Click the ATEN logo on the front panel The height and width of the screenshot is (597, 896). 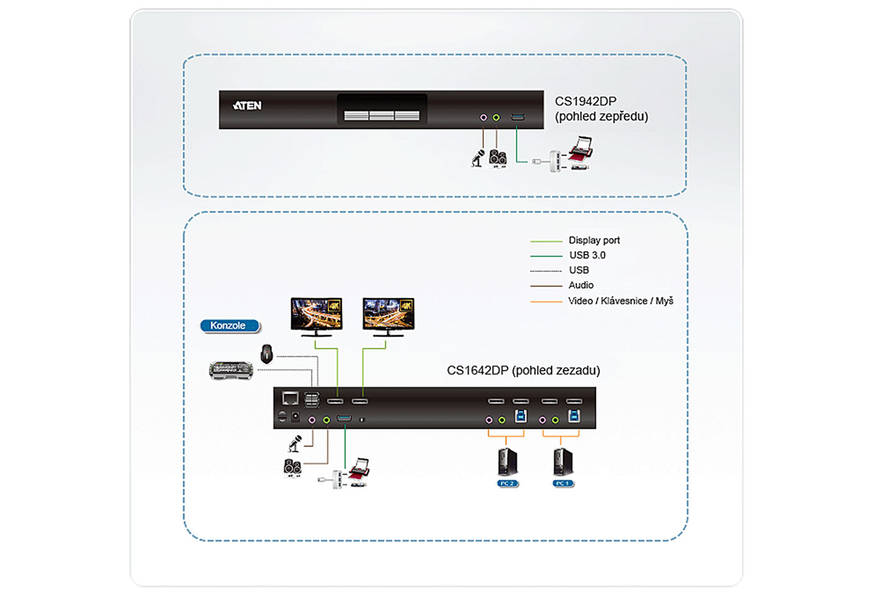247,106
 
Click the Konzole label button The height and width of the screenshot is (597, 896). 228,326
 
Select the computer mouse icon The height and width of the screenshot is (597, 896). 267,353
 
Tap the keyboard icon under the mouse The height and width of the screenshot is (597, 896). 231,370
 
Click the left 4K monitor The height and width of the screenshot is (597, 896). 316,315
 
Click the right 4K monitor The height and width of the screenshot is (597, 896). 388,315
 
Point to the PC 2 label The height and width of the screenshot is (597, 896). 508,483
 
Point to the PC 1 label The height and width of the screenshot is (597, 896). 563,483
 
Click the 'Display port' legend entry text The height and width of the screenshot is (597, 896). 594,241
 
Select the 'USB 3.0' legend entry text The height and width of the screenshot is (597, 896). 587,255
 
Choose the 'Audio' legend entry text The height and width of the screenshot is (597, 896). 580,285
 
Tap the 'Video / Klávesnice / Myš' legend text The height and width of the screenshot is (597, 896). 620,301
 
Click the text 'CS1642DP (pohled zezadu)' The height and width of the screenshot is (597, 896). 523,370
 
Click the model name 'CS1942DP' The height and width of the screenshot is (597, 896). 585,102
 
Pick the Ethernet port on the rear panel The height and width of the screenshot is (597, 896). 291,399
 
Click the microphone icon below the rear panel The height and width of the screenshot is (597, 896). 294,443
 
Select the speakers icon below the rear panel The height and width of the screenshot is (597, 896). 292,468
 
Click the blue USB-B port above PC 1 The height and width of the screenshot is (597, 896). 574,417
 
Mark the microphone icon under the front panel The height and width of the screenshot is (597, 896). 477,158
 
